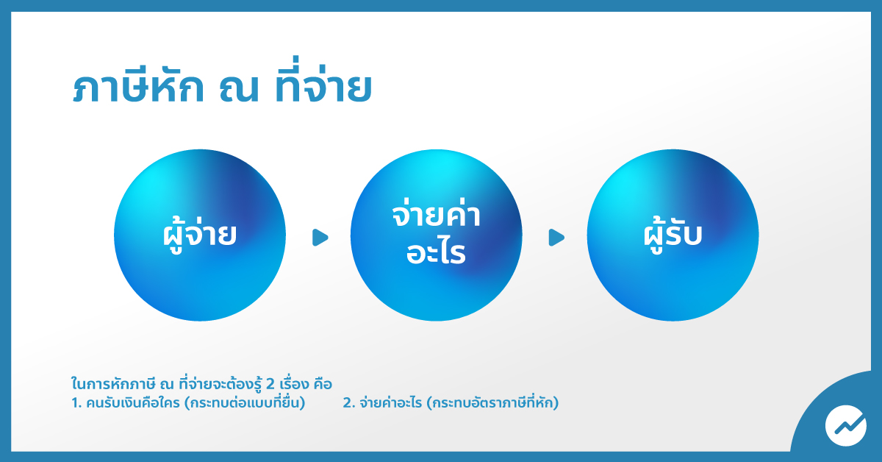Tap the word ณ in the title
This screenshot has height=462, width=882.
pyautogui.click(x=239, y=89)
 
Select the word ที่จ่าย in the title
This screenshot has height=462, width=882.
pyautogui.click(x=323, y=80)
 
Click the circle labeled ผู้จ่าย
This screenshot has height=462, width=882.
pyautogui.click(x=200, y=235)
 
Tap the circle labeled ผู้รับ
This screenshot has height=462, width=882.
pyautogui.click(x=673, y=235)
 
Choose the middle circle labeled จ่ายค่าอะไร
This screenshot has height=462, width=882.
pyautogui.click(x=437, y=235)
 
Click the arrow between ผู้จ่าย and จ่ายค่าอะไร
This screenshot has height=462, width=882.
pyautogui.click(x=320, y=238)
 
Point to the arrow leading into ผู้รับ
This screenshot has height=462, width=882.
pyautogui.click(x=556, y=238)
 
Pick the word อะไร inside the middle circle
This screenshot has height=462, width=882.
pyautogui.click(x=437, y=252)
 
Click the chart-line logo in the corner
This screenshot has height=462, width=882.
pyautogui.click(x=846, y=425)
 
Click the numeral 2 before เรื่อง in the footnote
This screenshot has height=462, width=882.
pyautogui.click(x=270, y=383)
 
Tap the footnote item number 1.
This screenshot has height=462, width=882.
pyautogui.click(x=76, y=403)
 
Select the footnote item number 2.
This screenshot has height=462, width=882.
pyautogui.click(x=349, y=403)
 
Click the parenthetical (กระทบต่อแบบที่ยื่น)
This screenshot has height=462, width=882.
pyautogui.click(x=245, y=402)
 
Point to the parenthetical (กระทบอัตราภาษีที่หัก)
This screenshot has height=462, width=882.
pyautogui.click(x=492, y=402)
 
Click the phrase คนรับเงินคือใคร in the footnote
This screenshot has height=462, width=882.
pyautogui.click(x=133, y=403)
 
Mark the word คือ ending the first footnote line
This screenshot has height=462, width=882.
pyautogui.click(x=323, y=383)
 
